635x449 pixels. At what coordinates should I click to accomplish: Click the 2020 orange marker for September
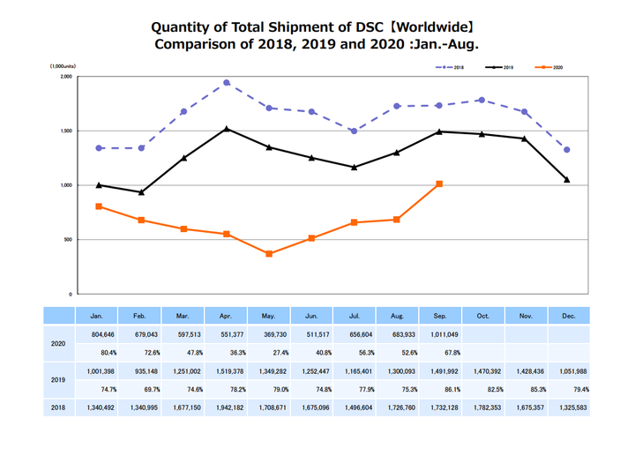pos(439,183)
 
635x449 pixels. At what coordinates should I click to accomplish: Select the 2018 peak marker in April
pos(227,83)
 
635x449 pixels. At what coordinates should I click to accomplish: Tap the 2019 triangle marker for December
pos(567,180)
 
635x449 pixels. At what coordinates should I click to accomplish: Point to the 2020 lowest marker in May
pos(269,254)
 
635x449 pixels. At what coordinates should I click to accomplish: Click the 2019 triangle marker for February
pos(141,192)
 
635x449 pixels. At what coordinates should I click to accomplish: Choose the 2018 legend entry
pos(451,67)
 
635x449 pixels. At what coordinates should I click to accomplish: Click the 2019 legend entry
pos(500,67)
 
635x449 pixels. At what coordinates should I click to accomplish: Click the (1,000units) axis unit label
pos(62,66)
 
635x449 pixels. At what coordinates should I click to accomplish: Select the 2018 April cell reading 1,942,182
pos(227,409)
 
